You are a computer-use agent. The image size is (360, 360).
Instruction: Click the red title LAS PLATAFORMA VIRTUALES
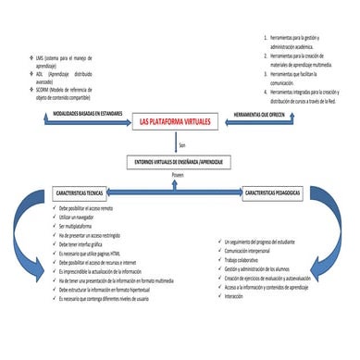(180, 120)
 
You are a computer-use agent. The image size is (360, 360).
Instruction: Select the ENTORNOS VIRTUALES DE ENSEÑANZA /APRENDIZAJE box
(180, 162)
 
